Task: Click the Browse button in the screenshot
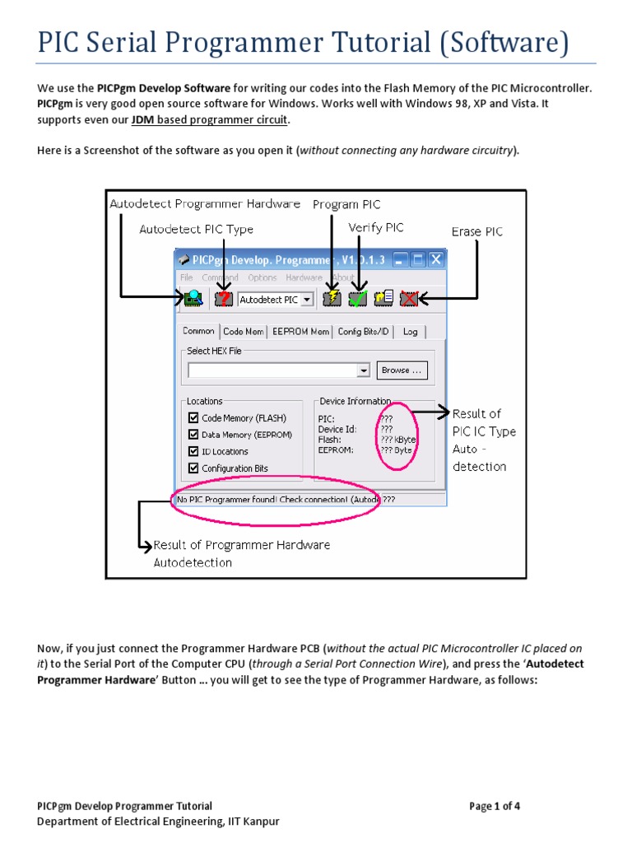(x=402, y=370)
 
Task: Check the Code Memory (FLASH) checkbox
(x=193, y=418)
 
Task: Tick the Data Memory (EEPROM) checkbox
(x=193, y=435)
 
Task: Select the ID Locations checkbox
(x=193, y=451)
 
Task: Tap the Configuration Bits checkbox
(x=193, y=468)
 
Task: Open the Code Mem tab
(x=244, y=331)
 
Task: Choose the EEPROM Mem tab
(x=300, y=331)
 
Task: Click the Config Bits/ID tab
(x=363, y=331)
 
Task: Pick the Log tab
(x=410, y=331)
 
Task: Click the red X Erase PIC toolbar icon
(x=409, y=299)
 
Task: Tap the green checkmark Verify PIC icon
(x=357, y=299)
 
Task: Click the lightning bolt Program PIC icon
(x=332, y=299)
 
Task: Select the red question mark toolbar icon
(x=223, y=299)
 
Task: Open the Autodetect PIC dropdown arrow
(x=307, y=300)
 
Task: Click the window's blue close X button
(x=435, y=259)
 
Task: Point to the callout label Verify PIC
(x=376, y=227)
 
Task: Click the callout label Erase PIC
(x=477, y=231)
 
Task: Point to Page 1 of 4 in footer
(x=495, y=806)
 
